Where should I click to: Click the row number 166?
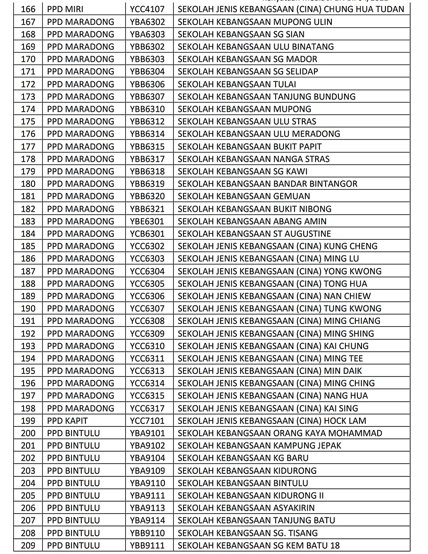click(28, 9)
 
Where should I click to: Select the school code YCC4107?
click(147, 9)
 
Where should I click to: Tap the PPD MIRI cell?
click(65, 9)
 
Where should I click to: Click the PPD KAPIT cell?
click(67, 421)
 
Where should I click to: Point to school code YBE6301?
click(147, 221)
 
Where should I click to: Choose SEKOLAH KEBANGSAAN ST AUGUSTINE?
click(254, 234)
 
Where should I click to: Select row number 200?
click(28, 433)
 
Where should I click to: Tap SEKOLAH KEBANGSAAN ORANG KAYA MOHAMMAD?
click(280, 433)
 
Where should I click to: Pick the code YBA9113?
click(147, 508)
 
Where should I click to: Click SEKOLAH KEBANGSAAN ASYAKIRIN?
click(246, 508)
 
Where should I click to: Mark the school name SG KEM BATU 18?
click(259, 545)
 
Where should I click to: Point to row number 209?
click(28, 545)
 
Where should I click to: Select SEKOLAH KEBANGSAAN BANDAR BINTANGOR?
click(267, 184)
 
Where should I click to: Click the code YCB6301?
click(147, 234)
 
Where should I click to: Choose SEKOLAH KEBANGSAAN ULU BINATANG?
click(255, 47)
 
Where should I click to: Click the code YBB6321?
click(147, 209)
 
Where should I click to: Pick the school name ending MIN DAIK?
click(270, 371)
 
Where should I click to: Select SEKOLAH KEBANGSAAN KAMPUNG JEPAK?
click(259, 445)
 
